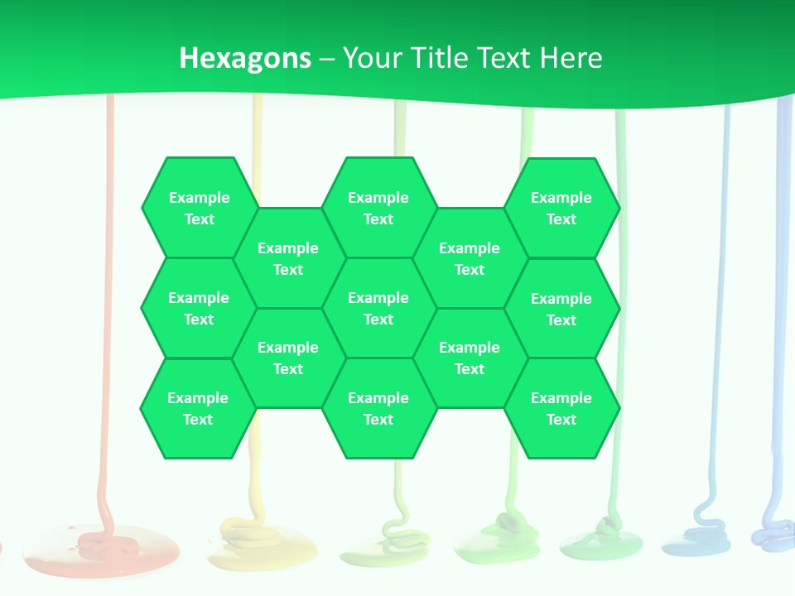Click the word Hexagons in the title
(245, 58)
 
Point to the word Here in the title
(571, 58)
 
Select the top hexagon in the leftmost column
(199, 208)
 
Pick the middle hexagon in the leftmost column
(199, 308)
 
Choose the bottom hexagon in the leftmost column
(198, 408)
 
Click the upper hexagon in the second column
(288, 258)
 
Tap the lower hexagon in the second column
(288, 358)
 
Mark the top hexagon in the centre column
(378, 208)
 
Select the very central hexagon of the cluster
(378, 308)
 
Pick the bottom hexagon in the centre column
(378, 408)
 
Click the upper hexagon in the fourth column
(470, 258)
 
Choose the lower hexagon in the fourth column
(470, 358)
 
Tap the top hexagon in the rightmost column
(561, 208)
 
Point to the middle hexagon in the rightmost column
(561, 309)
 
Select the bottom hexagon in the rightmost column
(561, 408)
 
